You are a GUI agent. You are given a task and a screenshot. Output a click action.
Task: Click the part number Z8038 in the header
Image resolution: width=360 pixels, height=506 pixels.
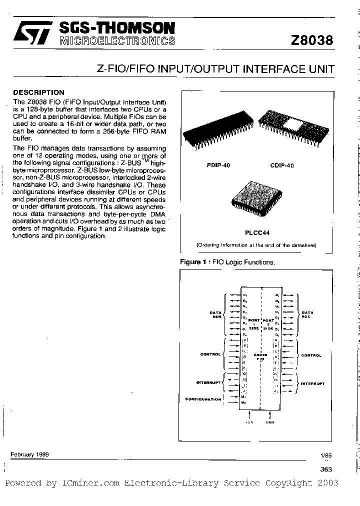(311, 40)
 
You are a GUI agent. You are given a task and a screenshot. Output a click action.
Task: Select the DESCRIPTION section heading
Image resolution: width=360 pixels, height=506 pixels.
(38, 92)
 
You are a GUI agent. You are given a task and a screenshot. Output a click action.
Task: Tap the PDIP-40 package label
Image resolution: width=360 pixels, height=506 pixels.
(218, 164)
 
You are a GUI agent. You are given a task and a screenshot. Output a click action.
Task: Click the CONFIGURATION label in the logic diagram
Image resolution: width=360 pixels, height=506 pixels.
(203, 399)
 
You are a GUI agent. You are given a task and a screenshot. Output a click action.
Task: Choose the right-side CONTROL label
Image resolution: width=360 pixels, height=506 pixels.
(311, 355)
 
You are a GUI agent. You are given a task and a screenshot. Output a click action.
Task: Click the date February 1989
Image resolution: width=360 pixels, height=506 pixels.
(29, 454)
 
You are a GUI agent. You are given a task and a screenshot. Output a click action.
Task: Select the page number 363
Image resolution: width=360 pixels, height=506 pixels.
(325, 469)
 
